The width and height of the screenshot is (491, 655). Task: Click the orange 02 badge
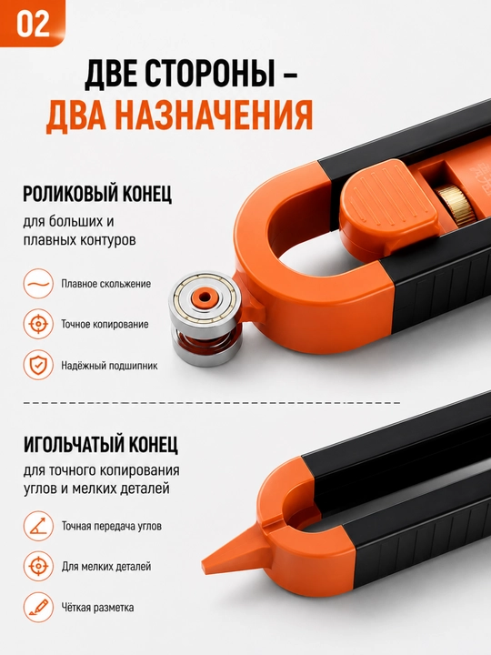(x=33, y=23)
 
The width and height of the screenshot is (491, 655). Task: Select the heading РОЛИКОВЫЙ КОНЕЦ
(x=97, y=194)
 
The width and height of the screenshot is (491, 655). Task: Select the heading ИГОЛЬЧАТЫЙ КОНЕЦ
(x=101, y=444)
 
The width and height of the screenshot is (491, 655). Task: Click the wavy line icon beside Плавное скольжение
(x=38, y=284)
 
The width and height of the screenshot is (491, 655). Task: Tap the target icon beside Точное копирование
(x=38, y=324)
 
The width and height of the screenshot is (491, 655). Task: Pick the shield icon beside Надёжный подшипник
(x=38, y=365)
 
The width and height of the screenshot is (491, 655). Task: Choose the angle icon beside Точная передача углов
(x=38, y=526)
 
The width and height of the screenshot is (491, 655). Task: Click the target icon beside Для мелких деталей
(x=38, y=567)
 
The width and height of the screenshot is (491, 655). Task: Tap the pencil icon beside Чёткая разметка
(x=38, y=607)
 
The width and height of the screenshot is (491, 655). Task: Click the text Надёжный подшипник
(x=109, y=366)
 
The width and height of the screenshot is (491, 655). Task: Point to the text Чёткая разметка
(x=97, y=608)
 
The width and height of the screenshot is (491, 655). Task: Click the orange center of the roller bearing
(x=205, y=297)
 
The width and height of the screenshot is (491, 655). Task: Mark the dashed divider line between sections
(x=212, y=403)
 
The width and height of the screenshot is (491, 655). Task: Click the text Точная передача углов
(x=112, y=526)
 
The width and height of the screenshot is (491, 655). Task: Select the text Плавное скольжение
(x=106, y=284)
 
